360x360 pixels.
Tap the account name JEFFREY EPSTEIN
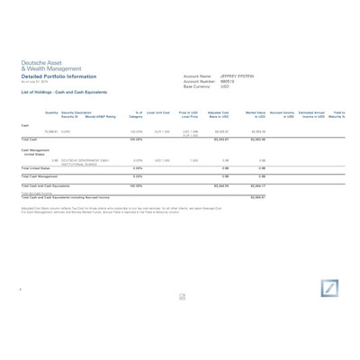[x=238, y=76]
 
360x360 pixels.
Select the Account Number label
[x=198, y=82]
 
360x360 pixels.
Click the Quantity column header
[x=51, y=112]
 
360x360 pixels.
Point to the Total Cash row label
[x=29, y=139]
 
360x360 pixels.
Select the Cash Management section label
[x=35, y=150]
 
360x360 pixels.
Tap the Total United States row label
[x=35, y=168]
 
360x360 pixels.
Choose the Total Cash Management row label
[x=40, y=176]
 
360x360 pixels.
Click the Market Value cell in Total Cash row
[x=255, y=139]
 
